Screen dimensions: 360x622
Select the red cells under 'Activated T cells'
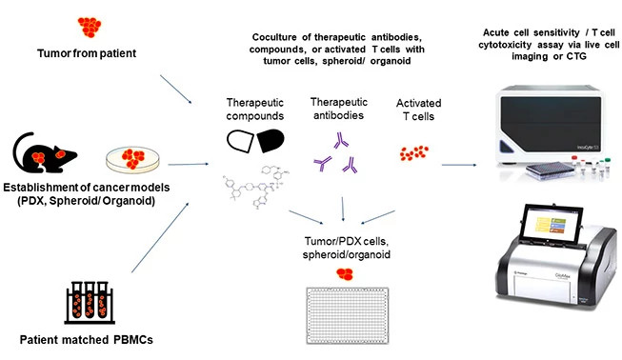pyautogui.click(x=414, y=151)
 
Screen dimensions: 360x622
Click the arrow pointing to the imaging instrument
pyautogui.click(x=462, y=164)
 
